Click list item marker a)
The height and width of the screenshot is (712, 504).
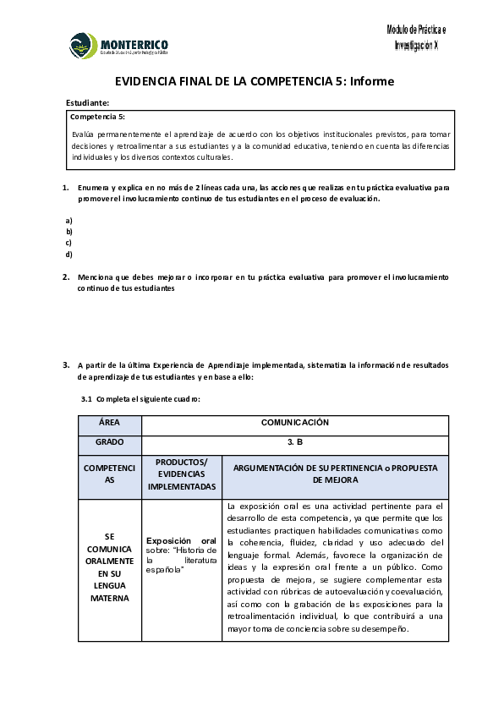(69, 221)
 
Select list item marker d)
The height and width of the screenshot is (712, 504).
(69, 254)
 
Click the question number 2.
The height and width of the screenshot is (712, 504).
(66, 277)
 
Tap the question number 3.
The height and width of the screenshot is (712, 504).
(66, 364)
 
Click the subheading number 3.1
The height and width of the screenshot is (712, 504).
(85, 398)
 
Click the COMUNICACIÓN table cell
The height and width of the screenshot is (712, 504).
(294, 422)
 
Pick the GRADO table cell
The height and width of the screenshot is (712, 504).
(109, 442)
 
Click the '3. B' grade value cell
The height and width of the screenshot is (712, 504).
(294, 442)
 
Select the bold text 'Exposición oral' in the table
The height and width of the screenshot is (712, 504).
(181, 540)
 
